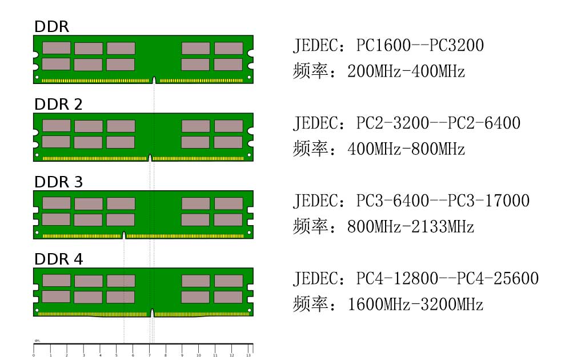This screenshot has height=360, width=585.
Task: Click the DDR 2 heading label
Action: (58, 105)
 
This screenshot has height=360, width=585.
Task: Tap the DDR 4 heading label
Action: (59, 259)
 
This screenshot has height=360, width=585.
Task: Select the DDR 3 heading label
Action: (58, 182)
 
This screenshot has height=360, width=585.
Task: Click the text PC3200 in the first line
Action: (456, 46)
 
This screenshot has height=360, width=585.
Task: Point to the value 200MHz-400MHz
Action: (406, 71)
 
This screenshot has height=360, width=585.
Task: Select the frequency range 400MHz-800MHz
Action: (406, 149)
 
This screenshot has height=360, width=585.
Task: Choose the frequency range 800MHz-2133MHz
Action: (410, 226)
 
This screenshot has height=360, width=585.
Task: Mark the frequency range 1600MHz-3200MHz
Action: (415, 304)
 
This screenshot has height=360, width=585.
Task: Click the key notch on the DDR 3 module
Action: (124, 235)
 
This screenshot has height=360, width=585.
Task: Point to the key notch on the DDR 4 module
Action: (152, 313)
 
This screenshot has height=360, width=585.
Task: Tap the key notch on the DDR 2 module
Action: (150, 158)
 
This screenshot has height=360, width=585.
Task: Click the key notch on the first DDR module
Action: (154, 80)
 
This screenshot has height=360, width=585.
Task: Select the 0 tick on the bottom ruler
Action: (34, 349)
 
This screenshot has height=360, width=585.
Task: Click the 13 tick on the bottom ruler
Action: (249, 349)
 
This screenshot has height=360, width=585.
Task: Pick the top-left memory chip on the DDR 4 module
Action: (57, 281)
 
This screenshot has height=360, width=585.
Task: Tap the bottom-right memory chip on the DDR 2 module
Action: (228, 142)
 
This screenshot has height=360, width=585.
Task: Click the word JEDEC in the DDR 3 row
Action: (315, 201)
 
